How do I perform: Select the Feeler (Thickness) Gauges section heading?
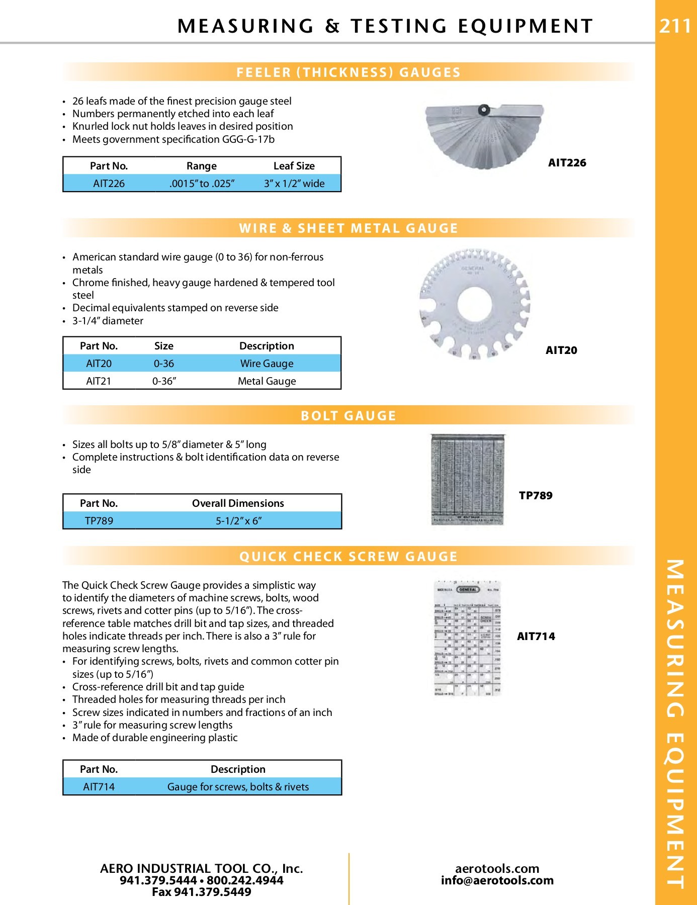349,72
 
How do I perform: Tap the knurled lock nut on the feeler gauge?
484,109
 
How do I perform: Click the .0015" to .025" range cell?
202,184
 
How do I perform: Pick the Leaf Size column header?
294,166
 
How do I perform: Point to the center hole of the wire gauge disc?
474,304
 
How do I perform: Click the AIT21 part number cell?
99,381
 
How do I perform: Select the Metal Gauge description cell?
267,381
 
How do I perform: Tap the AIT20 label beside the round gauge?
561,350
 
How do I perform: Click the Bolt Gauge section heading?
349,416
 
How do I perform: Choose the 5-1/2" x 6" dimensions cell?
238,521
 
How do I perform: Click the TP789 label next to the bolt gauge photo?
536,496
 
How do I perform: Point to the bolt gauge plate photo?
468,480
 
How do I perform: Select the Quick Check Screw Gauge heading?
349,557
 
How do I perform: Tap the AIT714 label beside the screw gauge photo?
536,637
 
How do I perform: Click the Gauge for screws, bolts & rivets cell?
238,787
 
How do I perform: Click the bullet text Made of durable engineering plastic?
155,738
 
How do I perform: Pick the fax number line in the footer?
202,892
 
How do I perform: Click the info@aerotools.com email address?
497,880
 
